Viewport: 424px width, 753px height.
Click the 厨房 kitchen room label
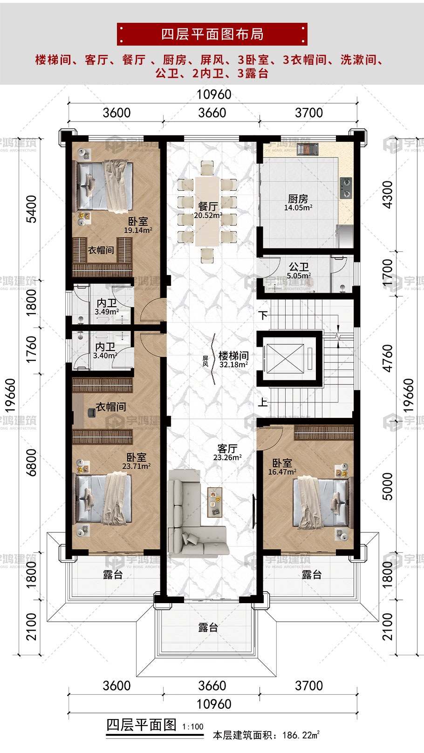298,199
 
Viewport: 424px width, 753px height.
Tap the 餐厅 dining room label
208,206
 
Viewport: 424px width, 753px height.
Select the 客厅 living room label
227,449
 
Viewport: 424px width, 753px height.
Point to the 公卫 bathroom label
299,267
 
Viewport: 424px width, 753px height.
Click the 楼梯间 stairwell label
234,356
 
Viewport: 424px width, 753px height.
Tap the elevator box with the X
285,358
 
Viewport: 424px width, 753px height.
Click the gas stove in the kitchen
346,188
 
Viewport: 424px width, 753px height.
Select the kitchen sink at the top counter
307,149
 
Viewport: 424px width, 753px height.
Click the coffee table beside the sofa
215,502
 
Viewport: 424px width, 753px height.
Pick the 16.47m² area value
282,471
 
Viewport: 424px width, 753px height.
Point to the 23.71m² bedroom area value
136,466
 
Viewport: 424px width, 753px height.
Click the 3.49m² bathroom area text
107,312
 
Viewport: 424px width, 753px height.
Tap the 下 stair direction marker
263,316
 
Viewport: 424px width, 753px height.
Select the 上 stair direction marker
263,402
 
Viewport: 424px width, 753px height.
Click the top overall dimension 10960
214,94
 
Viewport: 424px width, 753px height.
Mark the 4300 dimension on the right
388,195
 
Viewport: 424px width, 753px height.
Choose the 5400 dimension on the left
31,209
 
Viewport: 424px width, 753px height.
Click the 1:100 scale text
193,727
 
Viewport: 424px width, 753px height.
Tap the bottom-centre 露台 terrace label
208,627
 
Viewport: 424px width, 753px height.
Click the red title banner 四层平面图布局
212,34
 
